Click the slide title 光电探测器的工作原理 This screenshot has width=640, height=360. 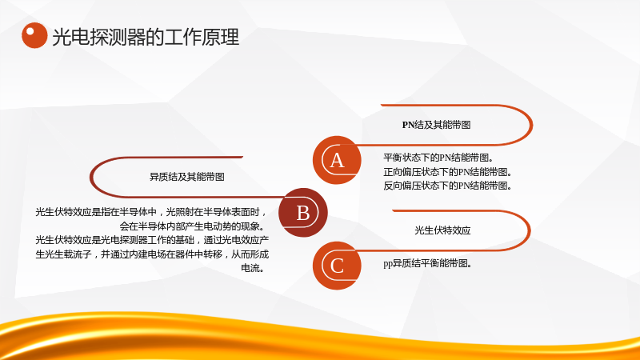[146, 37]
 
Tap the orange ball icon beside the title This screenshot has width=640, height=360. [34, 35]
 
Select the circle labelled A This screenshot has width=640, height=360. [337, 160]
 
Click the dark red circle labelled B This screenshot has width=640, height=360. [303, 213]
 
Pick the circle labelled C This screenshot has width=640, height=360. [337, 266]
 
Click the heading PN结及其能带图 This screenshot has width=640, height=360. [436, 125]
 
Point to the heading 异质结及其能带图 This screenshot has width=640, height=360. [187, 177]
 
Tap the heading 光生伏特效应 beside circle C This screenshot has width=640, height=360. [442, 230]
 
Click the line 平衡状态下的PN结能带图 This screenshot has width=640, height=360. [438, 158]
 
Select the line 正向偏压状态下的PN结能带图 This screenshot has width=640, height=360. [447, 172]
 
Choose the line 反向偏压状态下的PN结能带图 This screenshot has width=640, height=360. [447, 186]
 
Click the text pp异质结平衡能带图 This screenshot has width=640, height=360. [428, 264]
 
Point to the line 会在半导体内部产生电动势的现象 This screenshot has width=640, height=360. [193, 226]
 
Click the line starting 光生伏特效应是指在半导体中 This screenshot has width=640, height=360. [151, 212]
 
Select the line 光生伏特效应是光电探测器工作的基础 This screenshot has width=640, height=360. [152, 240]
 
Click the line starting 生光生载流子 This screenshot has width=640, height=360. [152, 254]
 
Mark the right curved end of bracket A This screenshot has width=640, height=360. [531, 125]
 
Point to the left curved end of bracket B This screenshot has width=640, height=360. [91, 177]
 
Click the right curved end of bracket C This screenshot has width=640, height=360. [530, 230]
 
